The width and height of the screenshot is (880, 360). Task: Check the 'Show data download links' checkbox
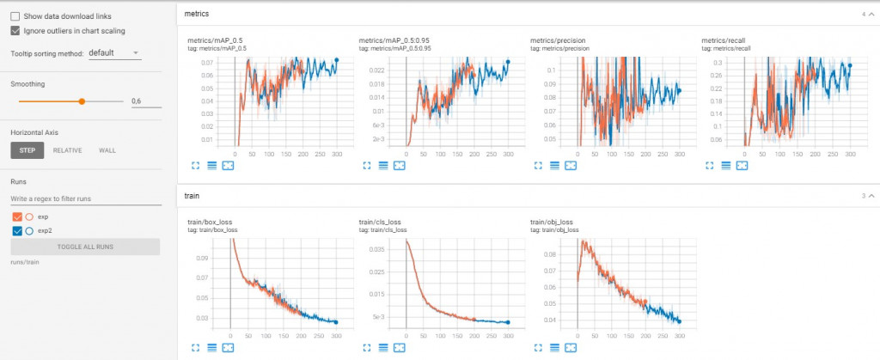tap(15, 16)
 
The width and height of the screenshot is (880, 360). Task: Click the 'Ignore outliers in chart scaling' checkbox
tap(15, 31)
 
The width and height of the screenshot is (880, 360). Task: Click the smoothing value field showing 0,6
tap(145, 101)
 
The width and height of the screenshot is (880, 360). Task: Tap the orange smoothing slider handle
tap(82, 101)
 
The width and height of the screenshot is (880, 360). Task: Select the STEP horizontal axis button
tap(27, 150)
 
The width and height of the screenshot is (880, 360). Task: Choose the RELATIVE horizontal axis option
tap(67, 150)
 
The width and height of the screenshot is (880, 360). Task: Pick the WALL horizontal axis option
tap(107, 150)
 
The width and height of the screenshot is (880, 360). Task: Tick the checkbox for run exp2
tap(18, 231)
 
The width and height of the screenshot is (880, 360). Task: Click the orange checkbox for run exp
tap(18, 217)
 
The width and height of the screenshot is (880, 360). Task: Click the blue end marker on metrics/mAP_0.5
tap(337, 60)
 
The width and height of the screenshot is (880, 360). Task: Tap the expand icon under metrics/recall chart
tap(709, 164)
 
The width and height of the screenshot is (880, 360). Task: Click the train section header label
tap(192, 196)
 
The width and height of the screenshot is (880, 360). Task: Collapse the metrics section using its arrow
tap(871, 15)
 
